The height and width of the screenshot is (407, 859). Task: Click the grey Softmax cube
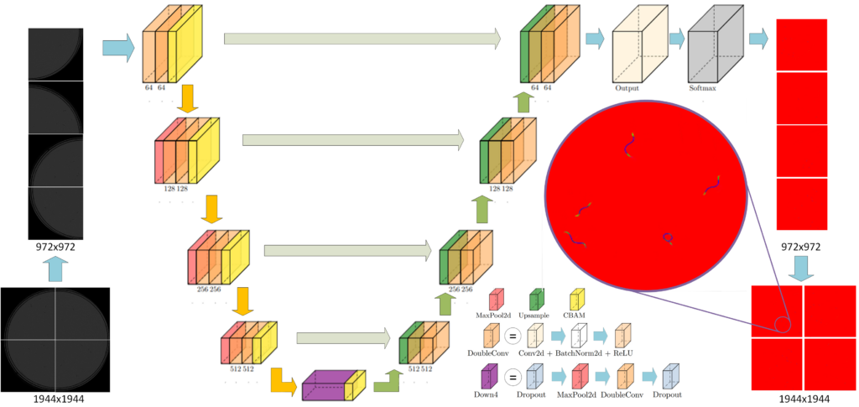coord(715,45)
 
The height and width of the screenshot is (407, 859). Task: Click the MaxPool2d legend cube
coord(496,300)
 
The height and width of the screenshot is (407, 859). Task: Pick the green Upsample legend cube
coord(536,300)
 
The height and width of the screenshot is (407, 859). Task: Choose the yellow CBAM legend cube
coord(578,300)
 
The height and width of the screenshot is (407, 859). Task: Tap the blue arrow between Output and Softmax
coord(676,38)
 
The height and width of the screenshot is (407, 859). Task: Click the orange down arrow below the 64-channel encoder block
coord(189,98)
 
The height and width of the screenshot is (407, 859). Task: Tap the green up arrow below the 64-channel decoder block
coord(523,102)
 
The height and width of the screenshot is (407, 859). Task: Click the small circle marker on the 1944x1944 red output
coord(783,325)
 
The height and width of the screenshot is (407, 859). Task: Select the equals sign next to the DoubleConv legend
coord(512,336)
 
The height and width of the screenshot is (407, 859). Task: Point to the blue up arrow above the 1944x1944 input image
coord(55,269)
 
